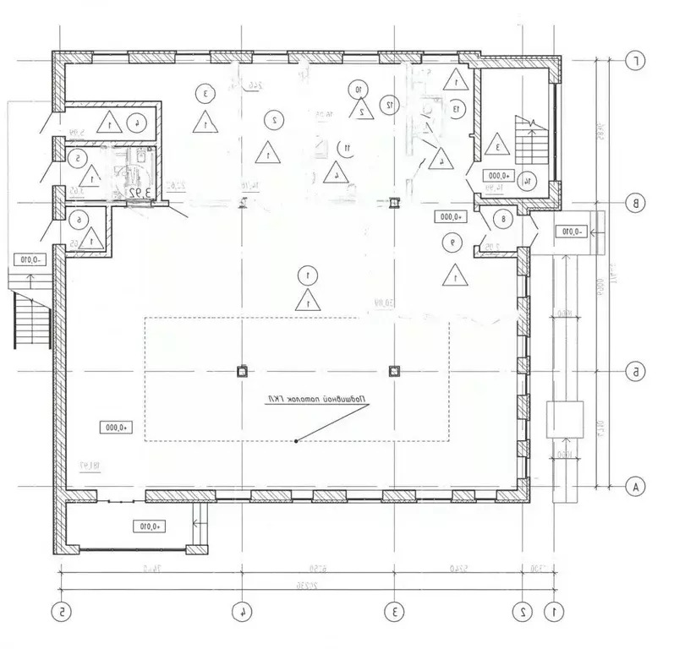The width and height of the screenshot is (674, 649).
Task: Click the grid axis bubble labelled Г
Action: (x=633, y=59)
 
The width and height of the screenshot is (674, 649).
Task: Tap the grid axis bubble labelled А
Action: (x=633, y=486)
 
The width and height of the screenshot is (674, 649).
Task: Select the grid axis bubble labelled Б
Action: (x=633, y=370)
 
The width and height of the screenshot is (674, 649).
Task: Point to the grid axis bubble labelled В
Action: (x=633, y=203)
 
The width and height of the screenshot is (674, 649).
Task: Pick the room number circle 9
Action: (x=454, y=243)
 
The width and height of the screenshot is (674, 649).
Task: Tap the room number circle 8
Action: (x=504, y=221)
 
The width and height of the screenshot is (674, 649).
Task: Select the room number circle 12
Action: (x=389, y=105)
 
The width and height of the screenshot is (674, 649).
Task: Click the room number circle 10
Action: (x=359, y=89)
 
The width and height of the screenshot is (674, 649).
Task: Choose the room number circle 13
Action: (x=456, y=109)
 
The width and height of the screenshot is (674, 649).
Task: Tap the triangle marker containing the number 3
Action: (x=499, y=147)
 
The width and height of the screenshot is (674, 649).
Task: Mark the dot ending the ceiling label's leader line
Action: (x=296, y=440)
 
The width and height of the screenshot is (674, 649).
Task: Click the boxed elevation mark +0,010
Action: (x=151, y=526)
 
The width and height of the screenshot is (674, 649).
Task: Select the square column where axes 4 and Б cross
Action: (x=242, y=370)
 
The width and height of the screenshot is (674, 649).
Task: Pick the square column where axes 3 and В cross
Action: (x=392, y=202)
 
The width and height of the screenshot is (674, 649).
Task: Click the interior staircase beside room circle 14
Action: (x=532, y=144)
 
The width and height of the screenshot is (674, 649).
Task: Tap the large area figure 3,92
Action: (x=141, y=194)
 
